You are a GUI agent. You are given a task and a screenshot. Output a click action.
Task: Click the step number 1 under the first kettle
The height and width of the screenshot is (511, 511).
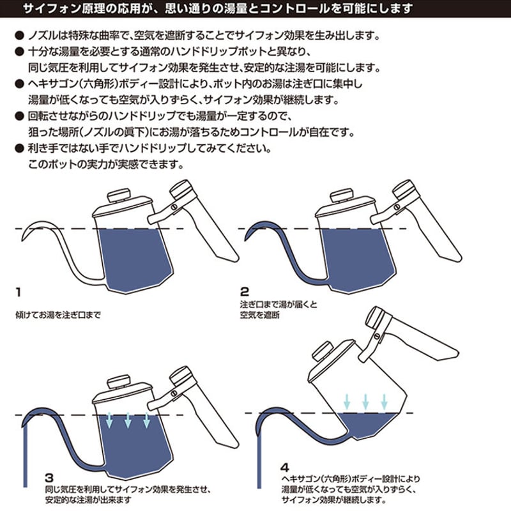(x=19, y=292)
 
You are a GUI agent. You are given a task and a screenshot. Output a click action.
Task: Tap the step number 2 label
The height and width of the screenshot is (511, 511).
(x=245, y=291)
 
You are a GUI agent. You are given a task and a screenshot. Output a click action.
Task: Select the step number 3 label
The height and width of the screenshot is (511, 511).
(x=49, y=478)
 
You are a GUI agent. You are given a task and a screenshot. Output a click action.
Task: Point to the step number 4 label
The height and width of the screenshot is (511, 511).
(x=285, y=468)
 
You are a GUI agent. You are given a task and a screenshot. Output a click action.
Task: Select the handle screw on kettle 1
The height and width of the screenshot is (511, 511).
(x=174, y=206)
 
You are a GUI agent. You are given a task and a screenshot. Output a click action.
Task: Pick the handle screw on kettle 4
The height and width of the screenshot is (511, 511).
(x=377, y=336)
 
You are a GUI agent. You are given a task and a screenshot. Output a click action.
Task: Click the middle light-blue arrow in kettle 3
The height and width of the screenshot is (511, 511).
(x=128, y=420)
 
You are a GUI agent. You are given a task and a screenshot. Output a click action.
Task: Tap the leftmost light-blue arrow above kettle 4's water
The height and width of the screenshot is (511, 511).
(x=347, y=402)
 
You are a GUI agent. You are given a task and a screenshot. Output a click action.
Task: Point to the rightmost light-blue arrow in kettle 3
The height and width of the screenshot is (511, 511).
(x=147, y=420)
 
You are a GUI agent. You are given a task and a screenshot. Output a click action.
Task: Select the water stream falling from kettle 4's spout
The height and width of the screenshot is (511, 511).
(x=259, y=460)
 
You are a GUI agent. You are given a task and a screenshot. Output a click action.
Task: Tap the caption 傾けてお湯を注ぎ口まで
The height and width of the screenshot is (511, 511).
(x=58, y=315)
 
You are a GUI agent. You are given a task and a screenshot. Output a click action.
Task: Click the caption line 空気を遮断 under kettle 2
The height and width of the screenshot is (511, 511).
(x=260, y=315)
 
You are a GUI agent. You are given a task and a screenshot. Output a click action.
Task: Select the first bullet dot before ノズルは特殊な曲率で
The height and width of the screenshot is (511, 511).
(x=20, y=36)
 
